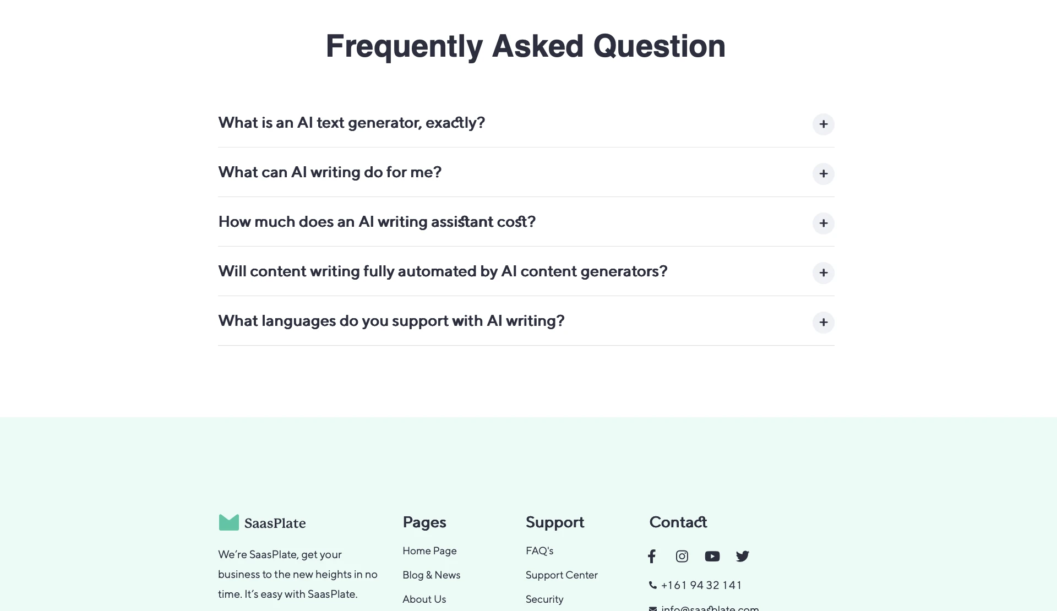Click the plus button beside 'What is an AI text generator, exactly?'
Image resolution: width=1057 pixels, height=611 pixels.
pyautogui.click(x=823, y=124)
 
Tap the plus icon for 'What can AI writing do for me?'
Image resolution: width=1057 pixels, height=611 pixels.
pyautogui.click(x=823, y=173)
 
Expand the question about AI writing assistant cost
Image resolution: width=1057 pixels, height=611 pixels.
pyautogui.click(x=823, y=223)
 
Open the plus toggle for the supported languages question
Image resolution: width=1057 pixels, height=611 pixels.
pyautogui.click(x=823, y=322)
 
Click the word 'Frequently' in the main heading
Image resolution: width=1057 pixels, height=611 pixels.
pyautogui.click(x=404, y=46)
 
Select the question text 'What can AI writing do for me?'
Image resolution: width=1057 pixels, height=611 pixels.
pyautogui.click(x=330, y=172)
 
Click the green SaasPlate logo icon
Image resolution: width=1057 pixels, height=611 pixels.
pyautogui.click(x=229, y=522)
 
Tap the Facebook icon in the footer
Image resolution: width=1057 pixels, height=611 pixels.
pyautogui.click(x=652, y=557)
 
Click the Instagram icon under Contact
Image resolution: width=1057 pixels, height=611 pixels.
pyautogui.click(x=682, y=557)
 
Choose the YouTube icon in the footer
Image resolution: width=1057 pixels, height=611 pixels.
pyautogui.click(x=712, y=557)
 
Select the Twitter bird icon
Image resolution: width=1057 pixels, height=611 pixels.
pyautogui.click(x=743, y=557)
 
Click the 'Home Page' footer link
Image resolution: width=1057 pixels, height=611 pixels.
pyautogui.click(x=429, y=551)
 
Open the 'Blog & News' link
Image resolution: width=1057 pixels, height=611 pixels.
pyautogui.click(x=431, y=575)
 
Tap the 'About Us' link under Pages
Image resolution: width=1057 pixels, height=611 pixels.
pyautogui.click(x=424, y=599)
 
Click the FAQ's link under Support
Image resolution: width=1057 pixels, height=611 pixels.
pyautogui.click(x=540, y=551)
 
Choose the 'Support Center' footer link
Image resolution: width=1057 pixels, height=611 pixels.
pyautogui.click(x=562, y=575)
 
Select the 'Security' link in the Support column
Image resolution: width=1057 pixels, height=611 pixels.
pyautogui.click(x=544, y=599)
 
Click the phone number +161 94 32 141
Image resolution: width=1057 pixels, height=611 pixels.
pyautogui.click(x=701, y=585)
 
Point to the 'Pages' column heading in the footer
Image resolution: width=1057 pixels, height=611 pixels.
pyautogui.click(x=424, y=522)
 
